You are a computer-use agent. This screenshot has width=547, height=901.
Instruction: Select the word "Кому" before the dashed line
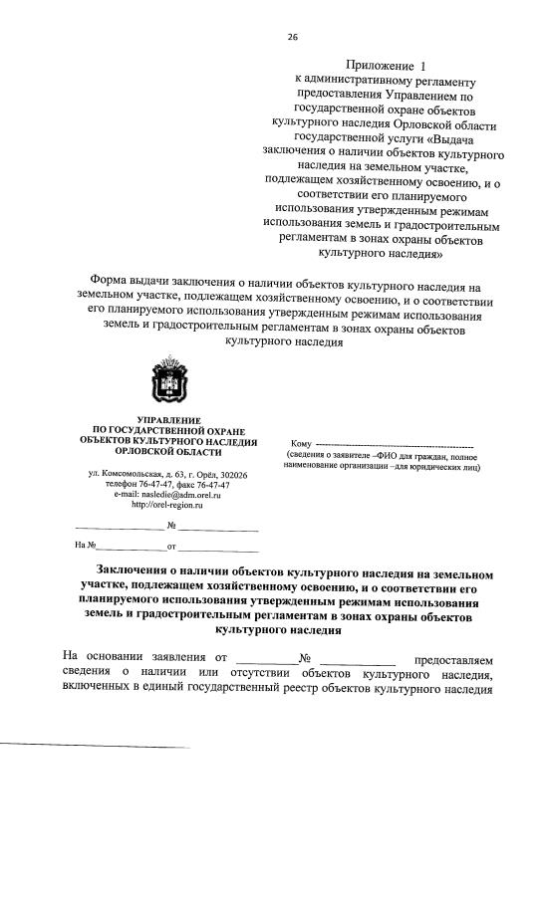[301, 443]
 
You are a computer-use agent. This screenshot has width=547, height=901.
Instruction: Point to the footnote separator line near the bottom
[95, 746]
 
